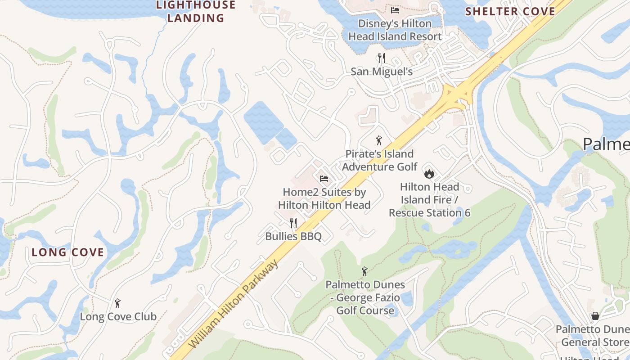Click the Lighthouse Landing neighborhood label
coord(196,12)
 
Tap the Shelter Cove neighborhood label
coord(510,11)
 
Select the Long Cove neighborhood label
coord(68,252)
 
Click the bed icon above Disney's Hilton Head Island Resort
coord(395,10)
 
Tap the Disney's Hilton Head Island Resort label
coord(395,30)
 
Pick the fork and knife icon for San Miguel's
coord(382,58)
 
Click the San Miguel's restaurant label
coord(382,72)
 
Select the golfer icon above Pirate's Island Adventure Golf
coord(379,140)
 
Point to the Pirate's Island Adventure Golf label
coord(379,160)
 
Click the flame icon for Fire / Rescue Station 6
coord(429,173)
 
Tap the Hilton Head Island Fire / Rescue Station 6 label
coord(429,199)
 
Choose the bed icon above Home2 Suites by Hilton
coord(324,179)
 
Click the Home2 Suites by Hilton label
coord(324,198)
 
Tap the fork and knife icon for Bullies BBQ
coord(293,223)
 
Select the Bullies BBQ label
coord(293,236)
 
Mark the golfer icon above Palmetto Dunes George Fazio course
coord(365,271)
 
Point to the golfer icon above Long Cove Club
coord(118,303)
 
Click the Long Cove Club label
coord(118,316)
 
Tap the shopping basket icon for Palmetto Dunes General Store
coord(595,316)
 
